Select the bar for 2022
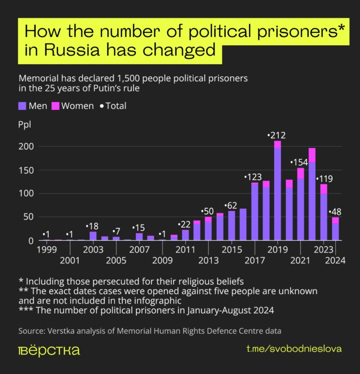(x=312, y=195)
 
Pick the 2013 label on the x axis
(x=208, y=260)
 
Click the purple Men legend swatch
(x=22, y=106)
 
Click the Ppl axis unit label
(x=24, y=125)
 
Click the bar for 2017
(x=255, y=212)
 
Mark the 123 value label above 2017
(x=254, y=177)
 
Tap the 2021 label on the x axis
(x=301, y=260)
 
